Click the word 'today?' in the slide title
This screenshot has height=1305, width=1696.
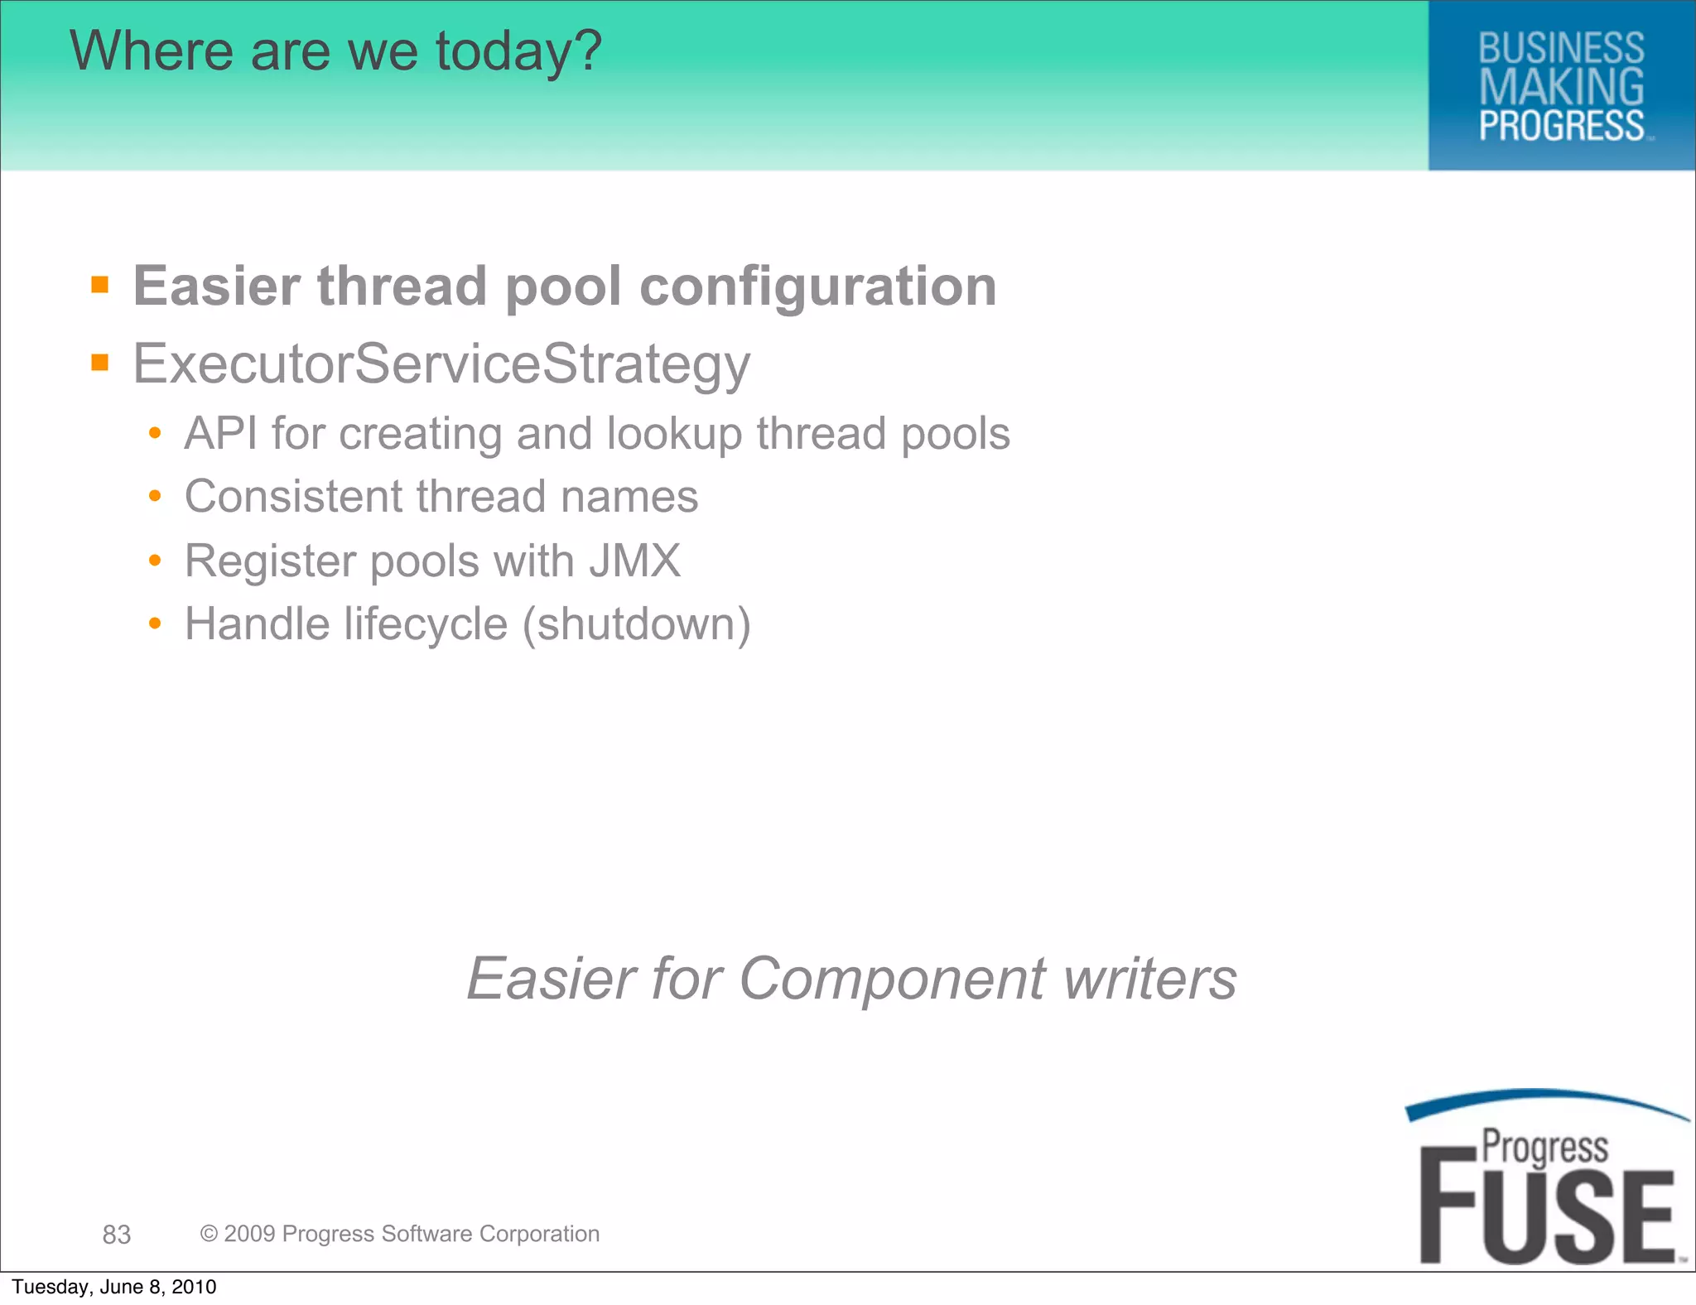point(518,51)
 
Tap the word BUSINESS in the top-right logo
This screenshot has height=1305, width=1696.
point(1561,48)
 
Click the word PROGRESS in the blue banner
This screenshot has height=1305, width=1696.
point(1561,126)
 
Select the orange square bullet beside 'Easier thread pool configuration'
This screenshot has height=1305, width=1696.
point(100,286)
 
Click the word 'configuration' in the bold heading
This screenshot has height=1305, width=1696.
point(818,287)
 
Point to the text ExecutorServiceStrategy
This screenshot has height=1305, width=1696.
point(441,364)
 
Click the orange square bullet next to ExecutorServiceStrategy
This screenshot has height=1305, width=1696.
point(100,363)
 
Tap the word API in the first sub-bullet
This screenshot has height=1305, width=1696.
point(220,433)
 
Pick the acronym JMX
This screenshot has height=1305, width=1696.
point(635,561)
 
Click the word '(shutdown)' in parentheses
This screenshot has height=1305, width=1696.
point(636,624)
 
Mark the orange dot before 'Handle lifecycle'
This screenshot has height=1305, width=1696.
point(155,624)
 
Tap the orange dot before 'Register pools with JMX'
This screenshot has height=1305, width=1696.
point(155,561)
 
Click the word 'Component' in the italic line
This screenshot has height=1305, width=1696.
point(892,980)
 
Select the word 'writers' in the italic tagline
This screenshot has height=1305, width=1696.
point(1150,978)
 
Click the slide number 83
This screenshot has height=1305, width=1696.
point(117,1235)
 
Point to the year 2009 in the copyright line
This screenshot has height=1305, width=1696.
point(249,1234)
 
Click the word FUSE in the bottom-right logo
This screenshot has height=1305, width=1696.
point(1547,1216)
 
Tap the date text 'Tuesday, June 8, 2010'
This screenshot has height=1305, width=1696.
point(114,1287)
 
